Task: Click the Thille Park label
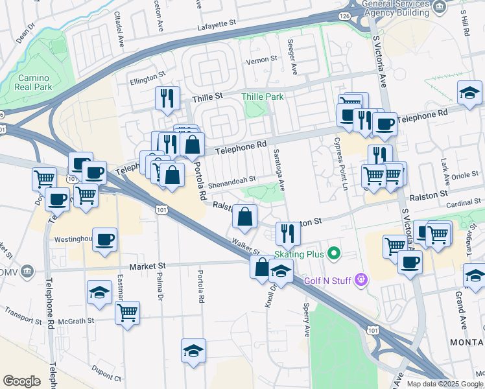coord(263,97)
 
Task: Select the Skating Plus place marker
coord(334,252)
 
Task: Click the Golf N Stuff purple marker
coord(362,280)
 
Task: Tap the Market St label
coord(147,266)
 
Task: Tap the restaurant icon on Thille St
coord(169,98)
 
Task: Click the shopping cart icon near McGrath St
coord(128,312)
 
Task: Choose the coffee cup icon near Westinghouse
coord(105,239)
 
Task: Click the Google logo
coord(21,381)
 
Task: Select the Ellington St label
coord(148,78)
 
